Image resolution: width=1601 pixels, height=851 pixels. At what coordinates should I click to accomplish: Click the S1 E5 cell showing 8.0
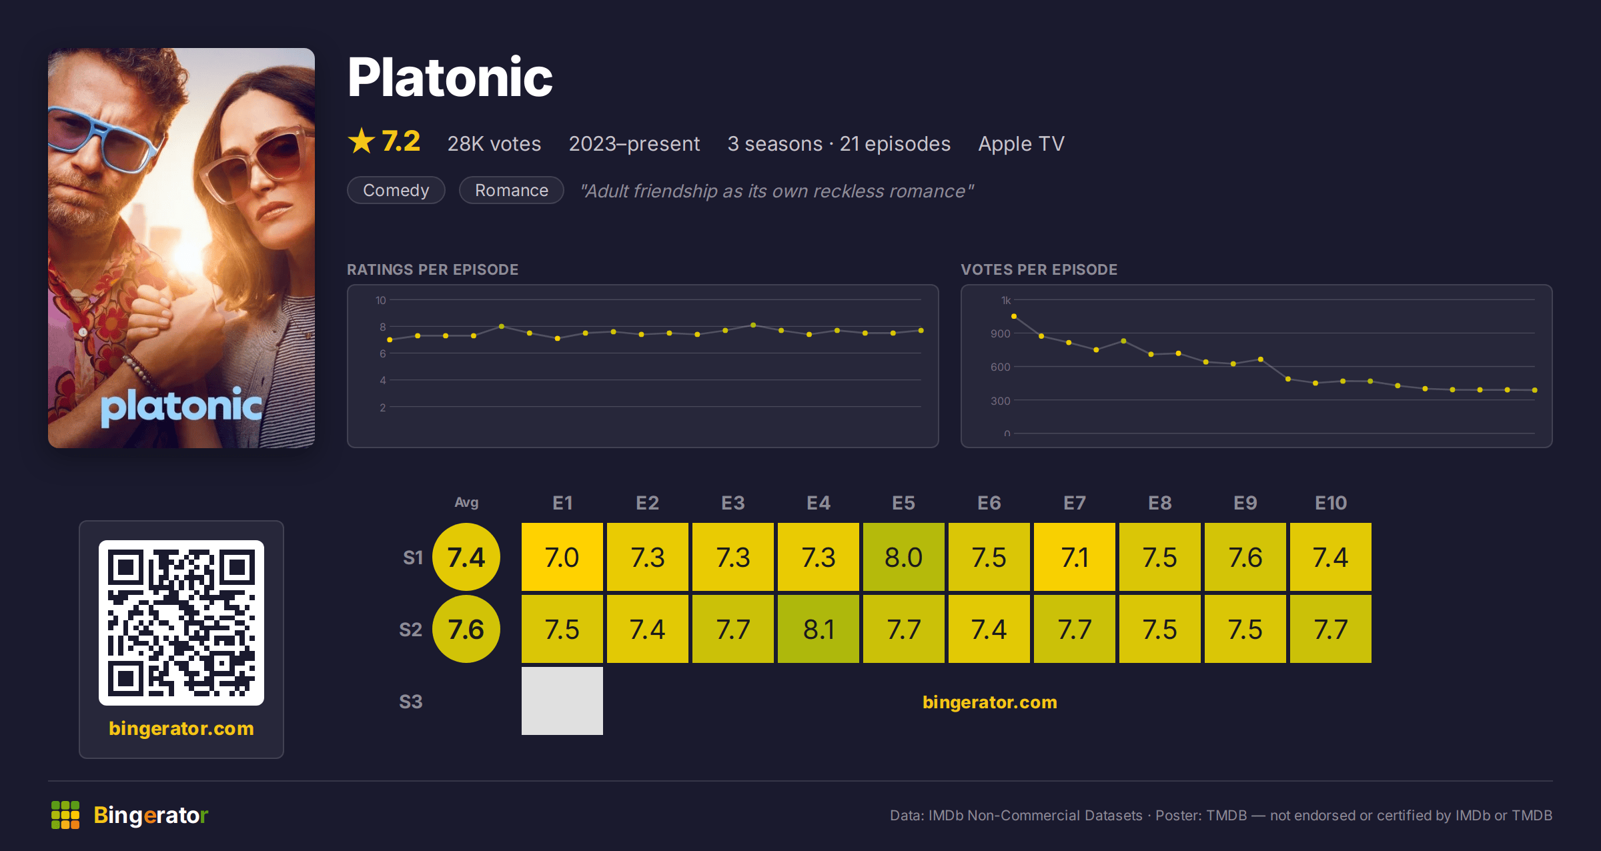pos(903,557)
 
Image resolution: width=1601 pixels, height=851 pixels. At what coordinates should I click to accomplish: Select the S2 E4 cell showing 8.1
pos(818,629)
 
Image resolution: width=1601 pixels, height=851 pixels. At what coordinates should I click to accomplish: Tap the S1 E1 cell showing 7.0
pos(562,557)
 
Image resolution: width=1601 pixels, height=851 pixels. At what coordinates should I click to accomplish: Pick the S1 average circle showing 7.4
pos(466,557)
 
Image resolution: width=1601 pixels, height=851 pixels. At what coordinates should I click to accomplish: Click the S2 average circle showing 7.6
pos(466,629)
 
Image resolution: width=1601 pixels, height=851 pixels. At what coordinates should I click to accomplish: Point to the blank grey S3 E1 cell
pos(562,701)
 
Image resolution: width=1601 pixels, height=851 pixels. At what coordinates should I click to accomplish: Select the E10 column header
pos(1331,503)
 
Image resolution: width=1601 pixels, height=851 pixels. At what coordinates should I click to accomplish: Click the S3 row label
pos(411,702)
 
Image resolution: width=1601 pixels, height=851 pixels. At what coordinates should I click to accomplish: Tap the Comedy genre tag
pos(396,190)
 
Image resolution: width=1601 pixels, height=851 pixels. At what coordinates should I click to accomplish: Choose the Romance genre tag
pos(512,190)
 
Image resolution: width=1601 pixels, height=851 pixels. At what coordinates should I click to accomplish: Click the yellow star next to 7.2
pos(362,141)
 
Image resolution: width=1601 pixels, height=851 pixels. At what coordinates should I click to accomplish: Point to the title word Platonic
pos(450,77)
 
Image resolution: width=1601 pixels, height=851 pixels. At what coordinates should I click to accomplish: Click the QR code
pos(181,623)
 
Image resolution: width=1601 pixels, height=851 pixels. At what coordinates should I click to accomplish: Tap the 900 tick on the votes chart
pos(1001,333)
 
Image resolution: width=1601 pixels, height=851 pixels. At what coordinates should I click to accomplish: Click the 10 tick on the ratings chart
pos(381,300)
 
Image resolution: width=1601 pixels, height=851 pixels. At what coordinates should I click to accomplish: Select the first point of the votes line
pos(1014,316)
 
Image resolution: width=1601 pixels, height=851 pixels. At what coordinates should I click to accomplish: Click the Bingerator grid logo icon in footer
pos(65,815)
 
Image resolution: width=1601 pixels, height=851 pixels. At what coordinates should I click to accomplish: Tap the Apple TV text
pos(1021,143)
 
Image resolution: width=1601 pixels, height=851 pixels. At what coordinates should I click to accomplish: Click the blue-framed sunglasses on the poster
pos(107,137)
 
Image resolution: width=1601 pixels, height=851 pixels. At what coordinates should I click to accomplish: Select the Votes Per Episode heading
pos(1039,269)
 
